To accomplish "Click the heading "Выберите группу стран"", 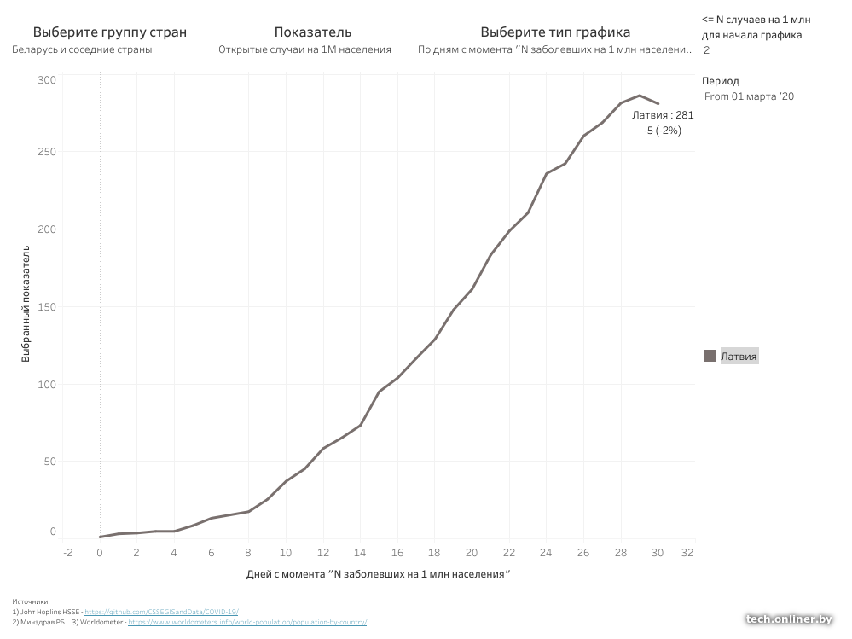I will [x=110, y=32].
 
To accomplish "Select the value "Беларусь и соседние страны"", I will [x=83, y=49].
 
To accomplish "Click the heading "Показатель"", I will [x=313, y=32].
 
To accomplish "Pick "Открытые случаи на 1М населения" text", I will [x=304, y=49].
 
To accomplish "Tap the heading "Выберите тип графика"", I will [x=555, y=32].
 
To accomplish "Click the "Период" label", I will [x=715, y=81].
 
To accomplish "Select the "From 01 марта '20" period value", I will [x=749, y=96].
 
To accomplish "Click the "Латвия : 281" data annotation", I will [x=663, y=115].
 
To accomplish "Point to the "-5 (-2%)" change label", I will [x=663, y=131].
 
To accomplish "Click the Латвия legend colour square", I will [x=710, y=357].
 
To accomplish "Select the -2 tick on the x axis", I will [x=68, y=552].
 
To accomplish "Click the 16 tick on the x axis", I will [x=397, y=552].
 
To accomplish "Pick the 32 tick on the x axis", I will [x=687, y=552].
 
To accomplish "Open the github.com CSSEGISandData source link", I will [x=161, y=612].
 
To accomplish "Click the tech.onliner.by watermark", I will [x=788, y=619].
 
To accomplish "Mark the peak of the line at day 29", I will [x=639, y=96].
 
